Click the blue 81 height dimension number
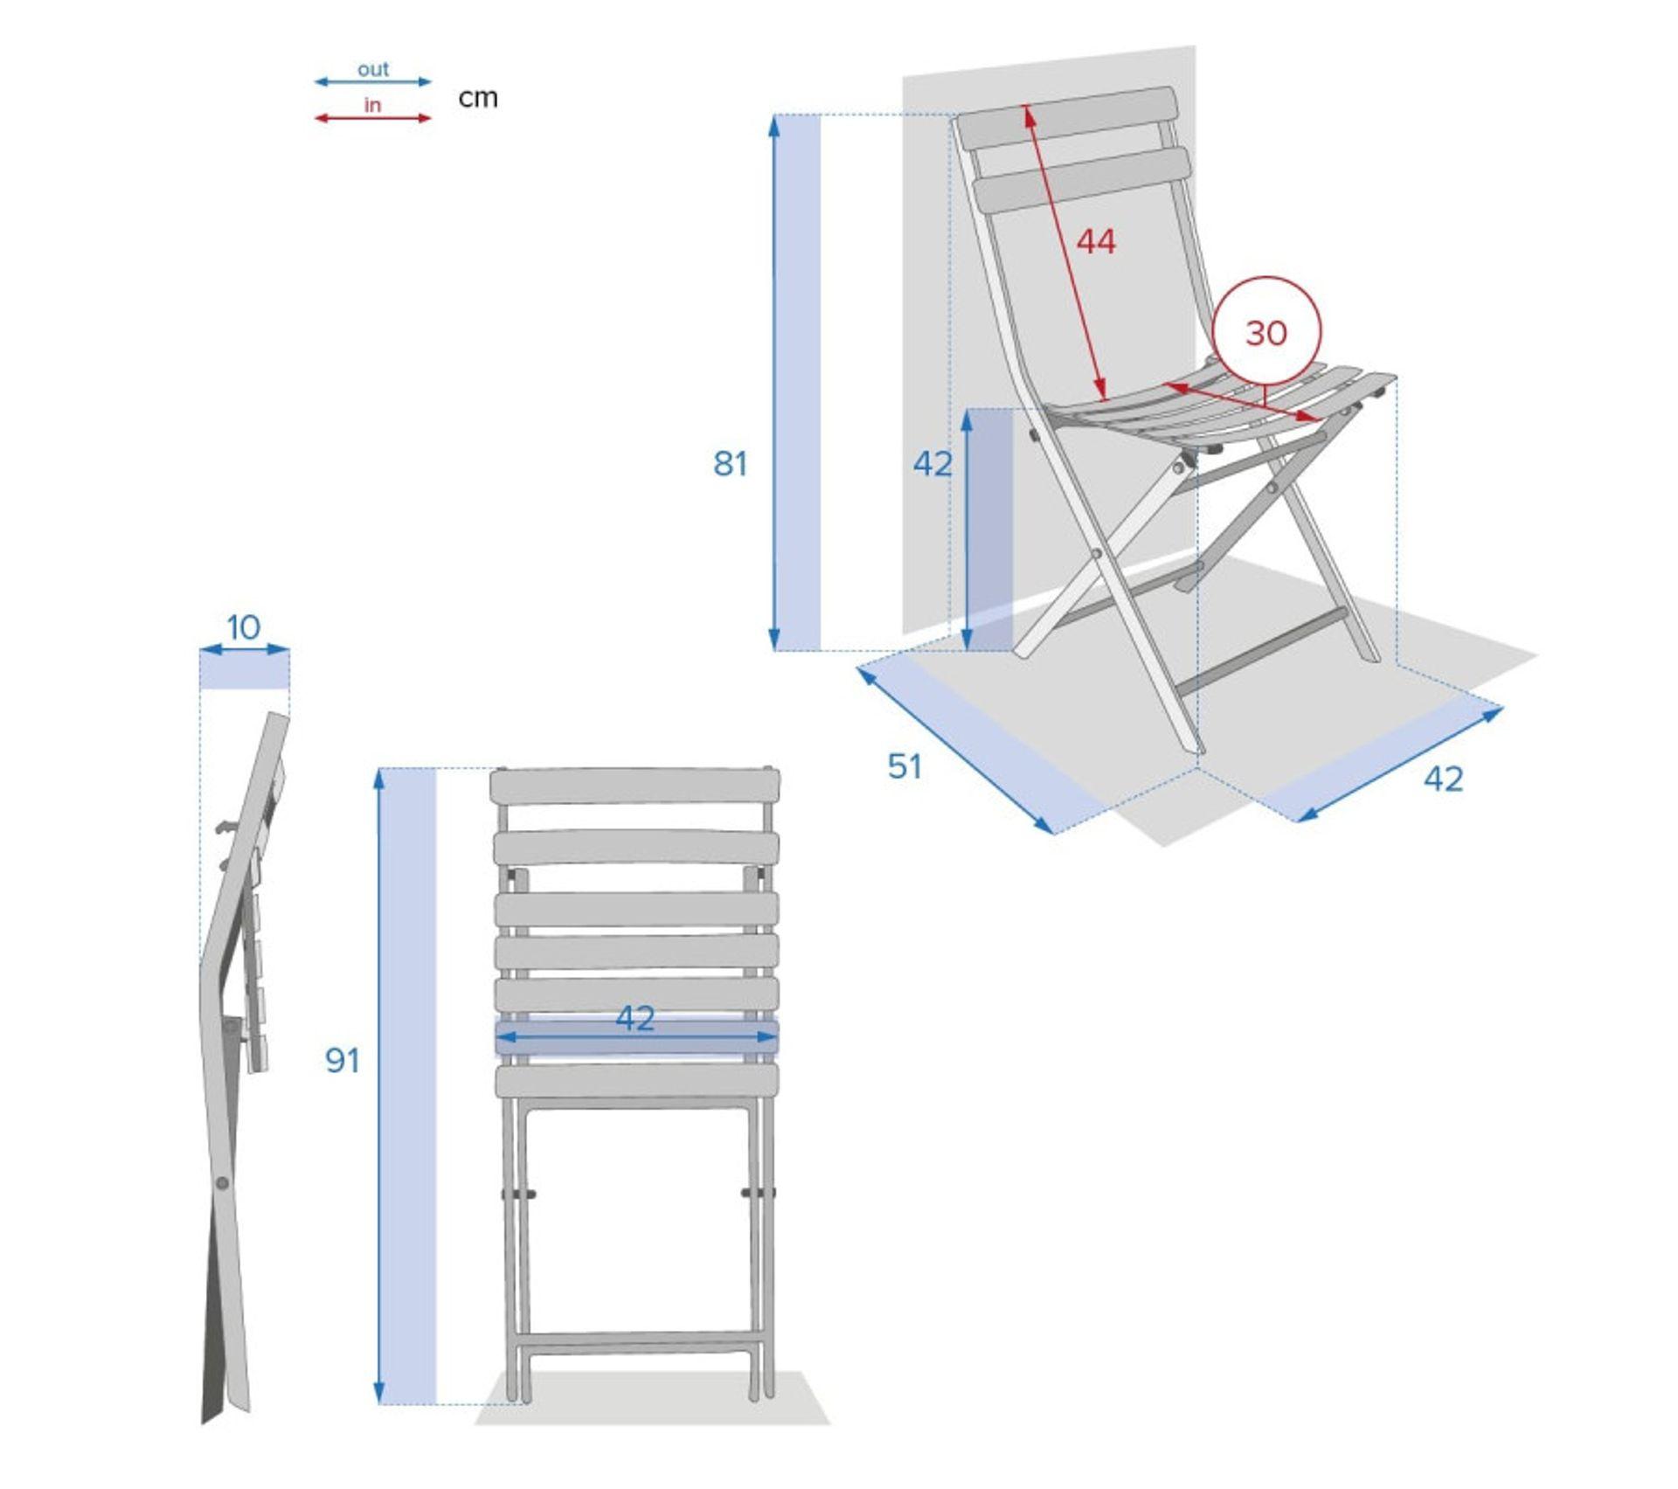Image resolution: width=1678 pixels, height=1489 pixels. click(x=731, y=463)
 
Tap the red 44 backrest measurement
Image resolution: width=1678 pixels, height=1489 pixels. click(x=1096, y=241)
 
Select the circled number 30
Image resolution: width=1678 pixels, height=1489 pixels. click(x=1266, y=333)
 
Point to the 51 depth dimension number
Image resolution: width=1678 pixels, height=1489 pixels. click(x=905, y=766)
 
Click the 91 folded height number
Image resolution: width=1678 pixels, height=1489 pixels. click(x=343, y=1060)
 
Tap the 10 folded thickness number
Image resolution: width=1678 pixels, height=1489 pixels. click(x=244, y=627)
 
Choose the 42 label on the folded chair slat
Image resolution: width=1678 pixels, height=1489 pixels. click(x=635, y=1018)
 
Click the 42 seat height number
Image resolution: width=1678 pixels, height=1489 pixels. click(x=933, y=464)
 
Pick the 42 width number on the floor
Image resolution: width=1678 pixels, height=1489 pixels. click(x=1443, y=779)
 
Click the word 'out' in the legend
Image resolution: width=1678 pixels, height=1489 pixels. click(x=373, y=69)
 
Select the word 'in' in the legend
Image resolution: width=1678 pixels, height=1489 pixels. click(x=373, y=105)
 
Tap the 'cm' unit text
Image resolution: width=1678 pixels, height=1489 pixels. click(x=478, y=97)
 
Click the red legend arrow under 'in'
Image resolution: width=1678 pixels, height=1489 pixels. click(x=373, y=118)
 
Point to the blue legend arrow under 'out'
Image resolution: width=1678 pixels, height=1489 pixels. click(x=373, y=82)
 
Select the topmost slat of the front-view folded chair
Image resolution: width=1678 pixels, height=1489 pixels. click(x=635, y=787)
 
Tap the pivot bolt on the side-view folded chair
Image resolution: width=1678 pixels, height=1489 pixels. click(x=223, y=1183)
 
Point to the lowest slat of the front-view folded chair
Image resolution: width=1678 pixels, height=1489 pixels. click(x=637, y=1082)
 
